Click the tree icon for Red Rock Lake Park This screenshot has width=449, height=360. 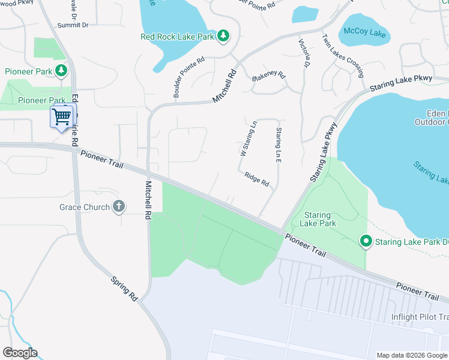tap(223, 36)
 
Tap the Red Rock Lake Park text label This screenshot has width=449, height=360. tap(177, 37)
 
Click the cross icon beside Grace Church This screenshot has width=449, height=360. tap(119, 207)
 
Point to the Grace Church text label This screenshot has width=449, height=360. tap(84, 208)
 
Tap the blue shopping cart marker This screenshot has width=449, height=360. tap(62, 116)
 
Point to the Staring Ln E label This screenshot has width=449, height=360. tap(279, 147)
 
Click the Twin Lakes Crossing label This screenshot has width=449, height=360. tap(343, 56)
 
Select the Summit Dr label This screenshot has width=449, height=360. tap(73, 25)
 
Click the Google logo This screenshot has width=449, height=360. tap(20, 353)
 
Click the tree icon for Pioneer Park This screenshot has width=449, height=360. tap(61, 71)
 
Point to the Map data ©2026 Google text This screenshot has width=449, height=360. tap(412, 355)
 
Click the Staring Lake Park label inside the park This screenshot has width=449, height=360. tap(319, 219)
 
